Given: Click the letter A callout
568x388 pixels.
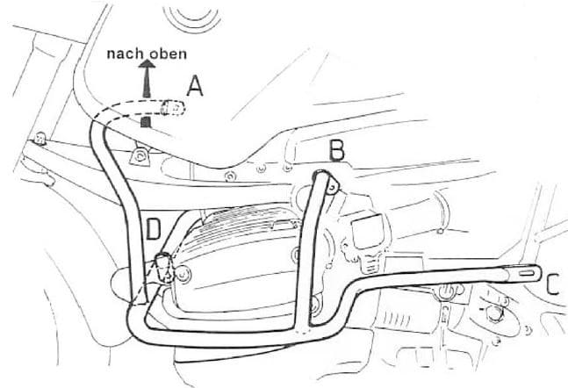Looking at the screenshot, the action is (195, 86).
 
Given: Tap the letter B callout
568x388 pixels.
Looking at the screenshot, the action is (337, 150).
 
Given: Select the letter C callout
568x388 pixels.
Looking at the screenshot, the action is (553, 284).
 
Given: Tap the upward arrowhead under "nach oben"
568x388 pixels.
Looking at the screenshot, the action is (147, 64).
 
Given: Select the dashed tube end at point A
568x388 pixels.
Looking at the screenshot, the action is (172, 108).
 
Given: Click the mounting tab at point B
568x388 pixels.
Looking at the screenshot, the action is (333, 187).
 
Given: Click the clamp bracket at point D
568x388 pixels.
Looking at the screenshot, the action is (165, 269).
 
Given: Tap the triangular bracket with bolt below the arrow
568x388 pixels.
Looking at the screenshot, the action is (140, 156).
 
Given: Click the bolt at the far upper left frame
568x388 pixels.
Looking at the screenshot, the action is (40, 138).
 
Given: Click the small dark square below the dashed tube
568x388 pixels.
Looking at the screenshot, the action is (146, 122).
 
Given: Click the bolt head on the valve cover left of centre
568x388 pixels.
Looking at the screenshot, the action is (183, 274).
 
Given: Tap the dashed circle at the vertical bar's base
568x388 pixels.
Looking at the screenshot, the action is (300, 330).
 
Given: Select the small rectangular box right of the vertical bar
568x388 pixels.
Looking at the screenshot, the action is (368, 231).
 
